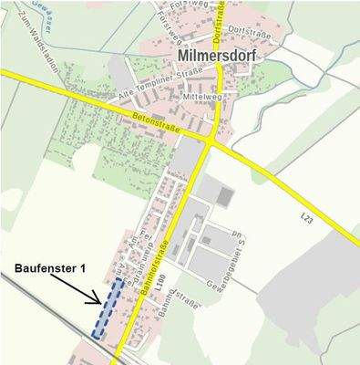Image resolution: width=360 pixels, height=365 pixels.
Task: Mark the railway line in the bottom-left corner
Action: (x=36, y=310)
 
